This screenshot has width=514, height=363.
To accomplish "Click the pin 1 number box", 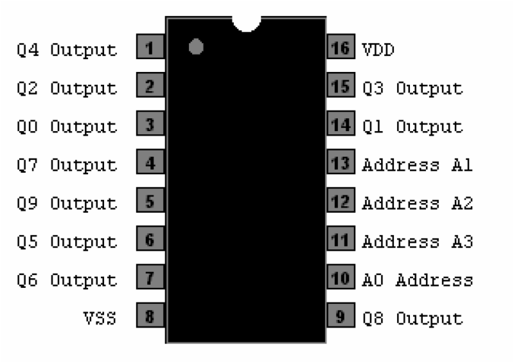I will coord(150,48).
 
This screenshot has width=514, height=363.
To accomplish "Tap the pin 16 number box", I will coord(341,48).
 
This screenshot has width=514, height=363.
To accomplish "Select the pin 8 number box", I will coord(150,317).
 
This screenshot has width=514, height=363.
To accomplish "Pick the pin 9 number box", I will coord(341,317).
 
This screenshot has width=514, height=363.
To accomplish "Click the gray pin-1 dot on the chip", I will coord(197,48).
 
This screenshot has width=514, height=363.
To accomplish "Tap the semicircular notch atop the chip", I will coord(246,23).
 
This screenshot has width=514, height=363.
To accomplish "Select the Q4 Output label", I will coord(67,49).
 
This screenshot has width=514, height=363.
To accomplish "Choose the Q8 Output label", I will coord(412,318).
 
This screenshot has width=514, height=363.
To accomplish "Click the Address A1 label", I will coord(418,164).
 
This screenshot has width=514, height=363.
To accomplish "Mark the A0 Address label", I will coord(418,280).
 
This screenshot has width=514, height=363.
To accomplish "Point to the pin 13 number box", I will coord(341,163).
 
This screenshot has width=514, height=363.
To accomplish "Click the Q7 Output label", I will coord(67,164).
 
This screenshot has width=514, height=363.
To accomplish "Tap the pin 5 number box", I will coord(150,202).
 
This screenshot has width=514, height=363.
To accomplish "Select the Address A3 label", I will coord(418,242).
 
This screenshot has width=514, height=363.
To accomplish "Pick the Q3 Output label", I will coord(412,88).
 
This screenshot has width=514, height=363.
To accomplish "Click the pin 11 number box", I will coord(341,240).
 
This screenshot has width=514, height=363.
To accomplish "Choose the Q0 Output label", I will coord(67,126).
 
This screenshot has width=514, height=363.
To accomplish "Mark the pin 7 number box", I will coord(150,279).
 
